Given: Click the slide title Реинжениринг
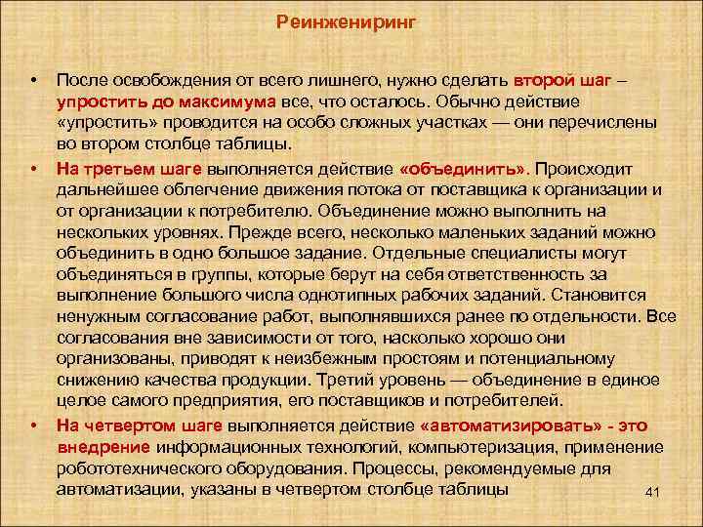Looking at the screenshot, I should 347,21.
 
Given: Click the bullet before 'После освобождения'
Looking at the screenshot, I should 34,78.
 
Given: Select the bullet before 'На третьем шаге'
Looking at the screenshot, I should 34,168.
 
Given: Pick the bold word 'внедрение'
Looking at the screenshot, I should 103,446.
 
